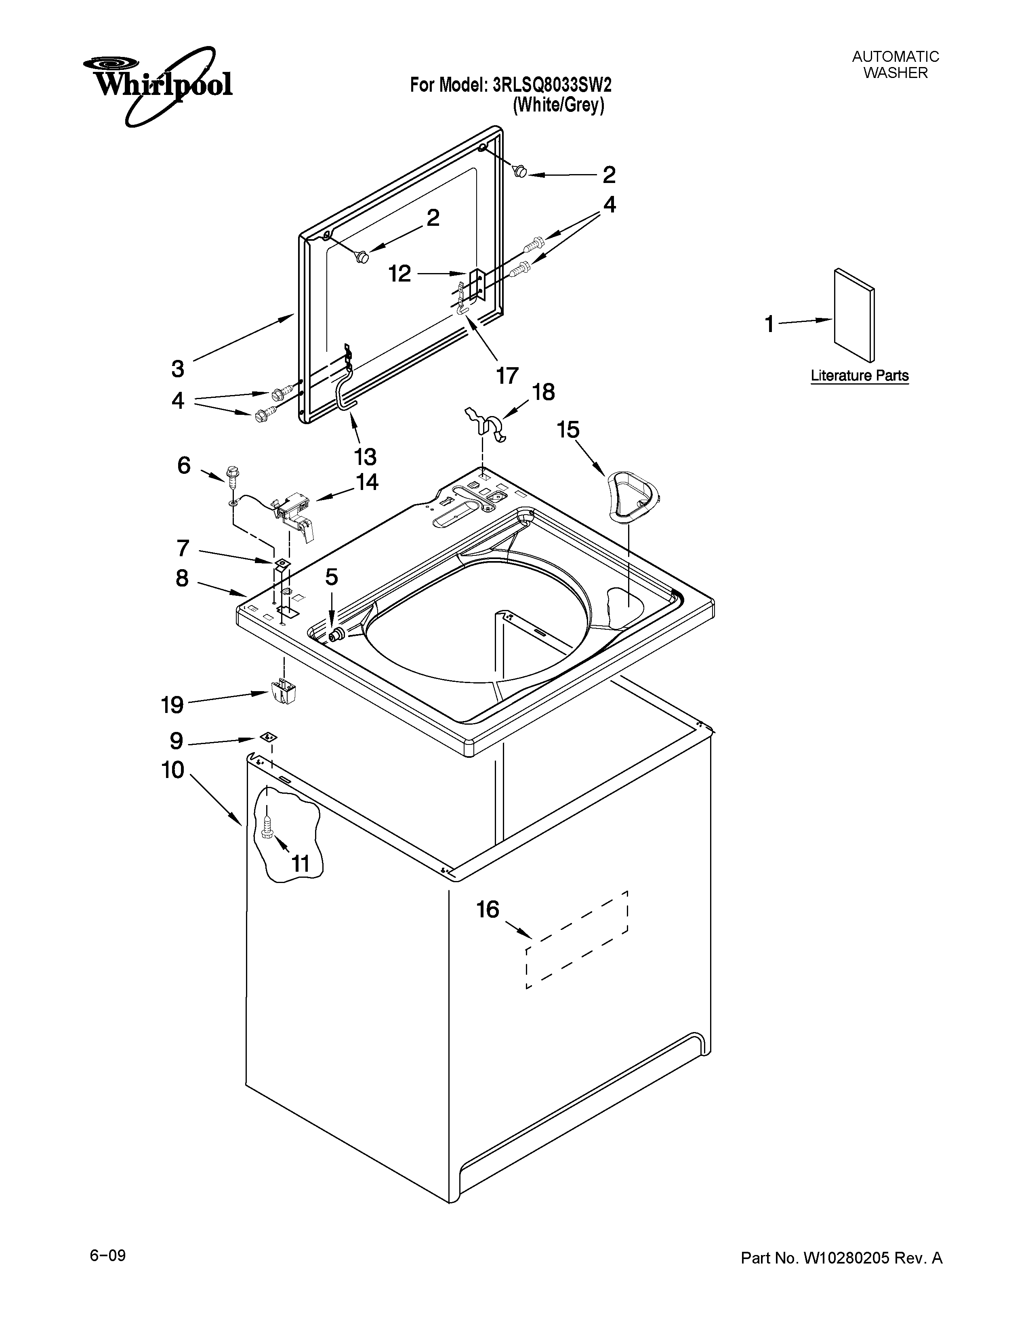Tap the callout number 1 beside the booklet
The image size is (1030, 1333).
click(769, 324)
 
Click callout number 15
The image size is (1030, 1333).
click(568, 430)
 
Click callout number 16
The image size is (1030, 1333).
click(488, 909)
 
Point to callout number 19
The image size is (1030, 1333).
click(172, 705)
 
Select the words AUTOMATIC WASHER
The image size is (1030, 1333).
click(895, 65)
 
